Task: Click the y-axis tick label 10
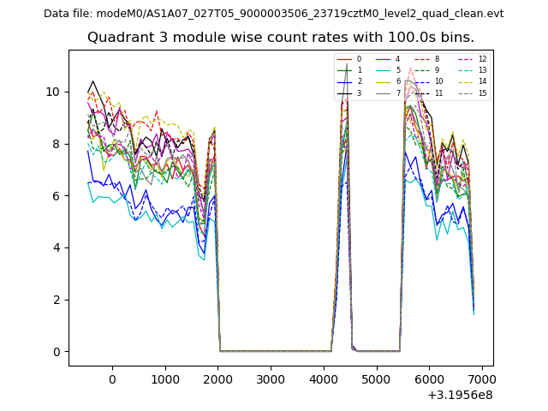[53, 92]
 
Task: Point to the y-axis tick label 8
[56, 144]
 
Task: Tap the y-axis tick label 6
[56, 196]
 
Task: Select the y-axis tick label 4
[56, 247]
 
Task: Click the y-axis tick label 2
[56, 300]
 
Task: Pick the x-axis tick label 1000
[164, 378]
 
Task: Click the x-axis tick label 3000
[271, 378]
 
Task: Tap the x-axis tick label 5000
[376, 378]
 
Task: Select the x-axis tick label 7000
[481, 378]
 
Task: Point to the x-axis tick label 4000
[323, 378]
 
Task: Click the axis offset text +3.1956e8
[459, 395]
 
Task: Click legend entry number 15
[482, 93]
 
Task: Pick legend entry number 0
[359, 59]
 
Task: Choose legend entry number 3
[359, 93]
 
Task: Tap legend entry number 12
[482, 59]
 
